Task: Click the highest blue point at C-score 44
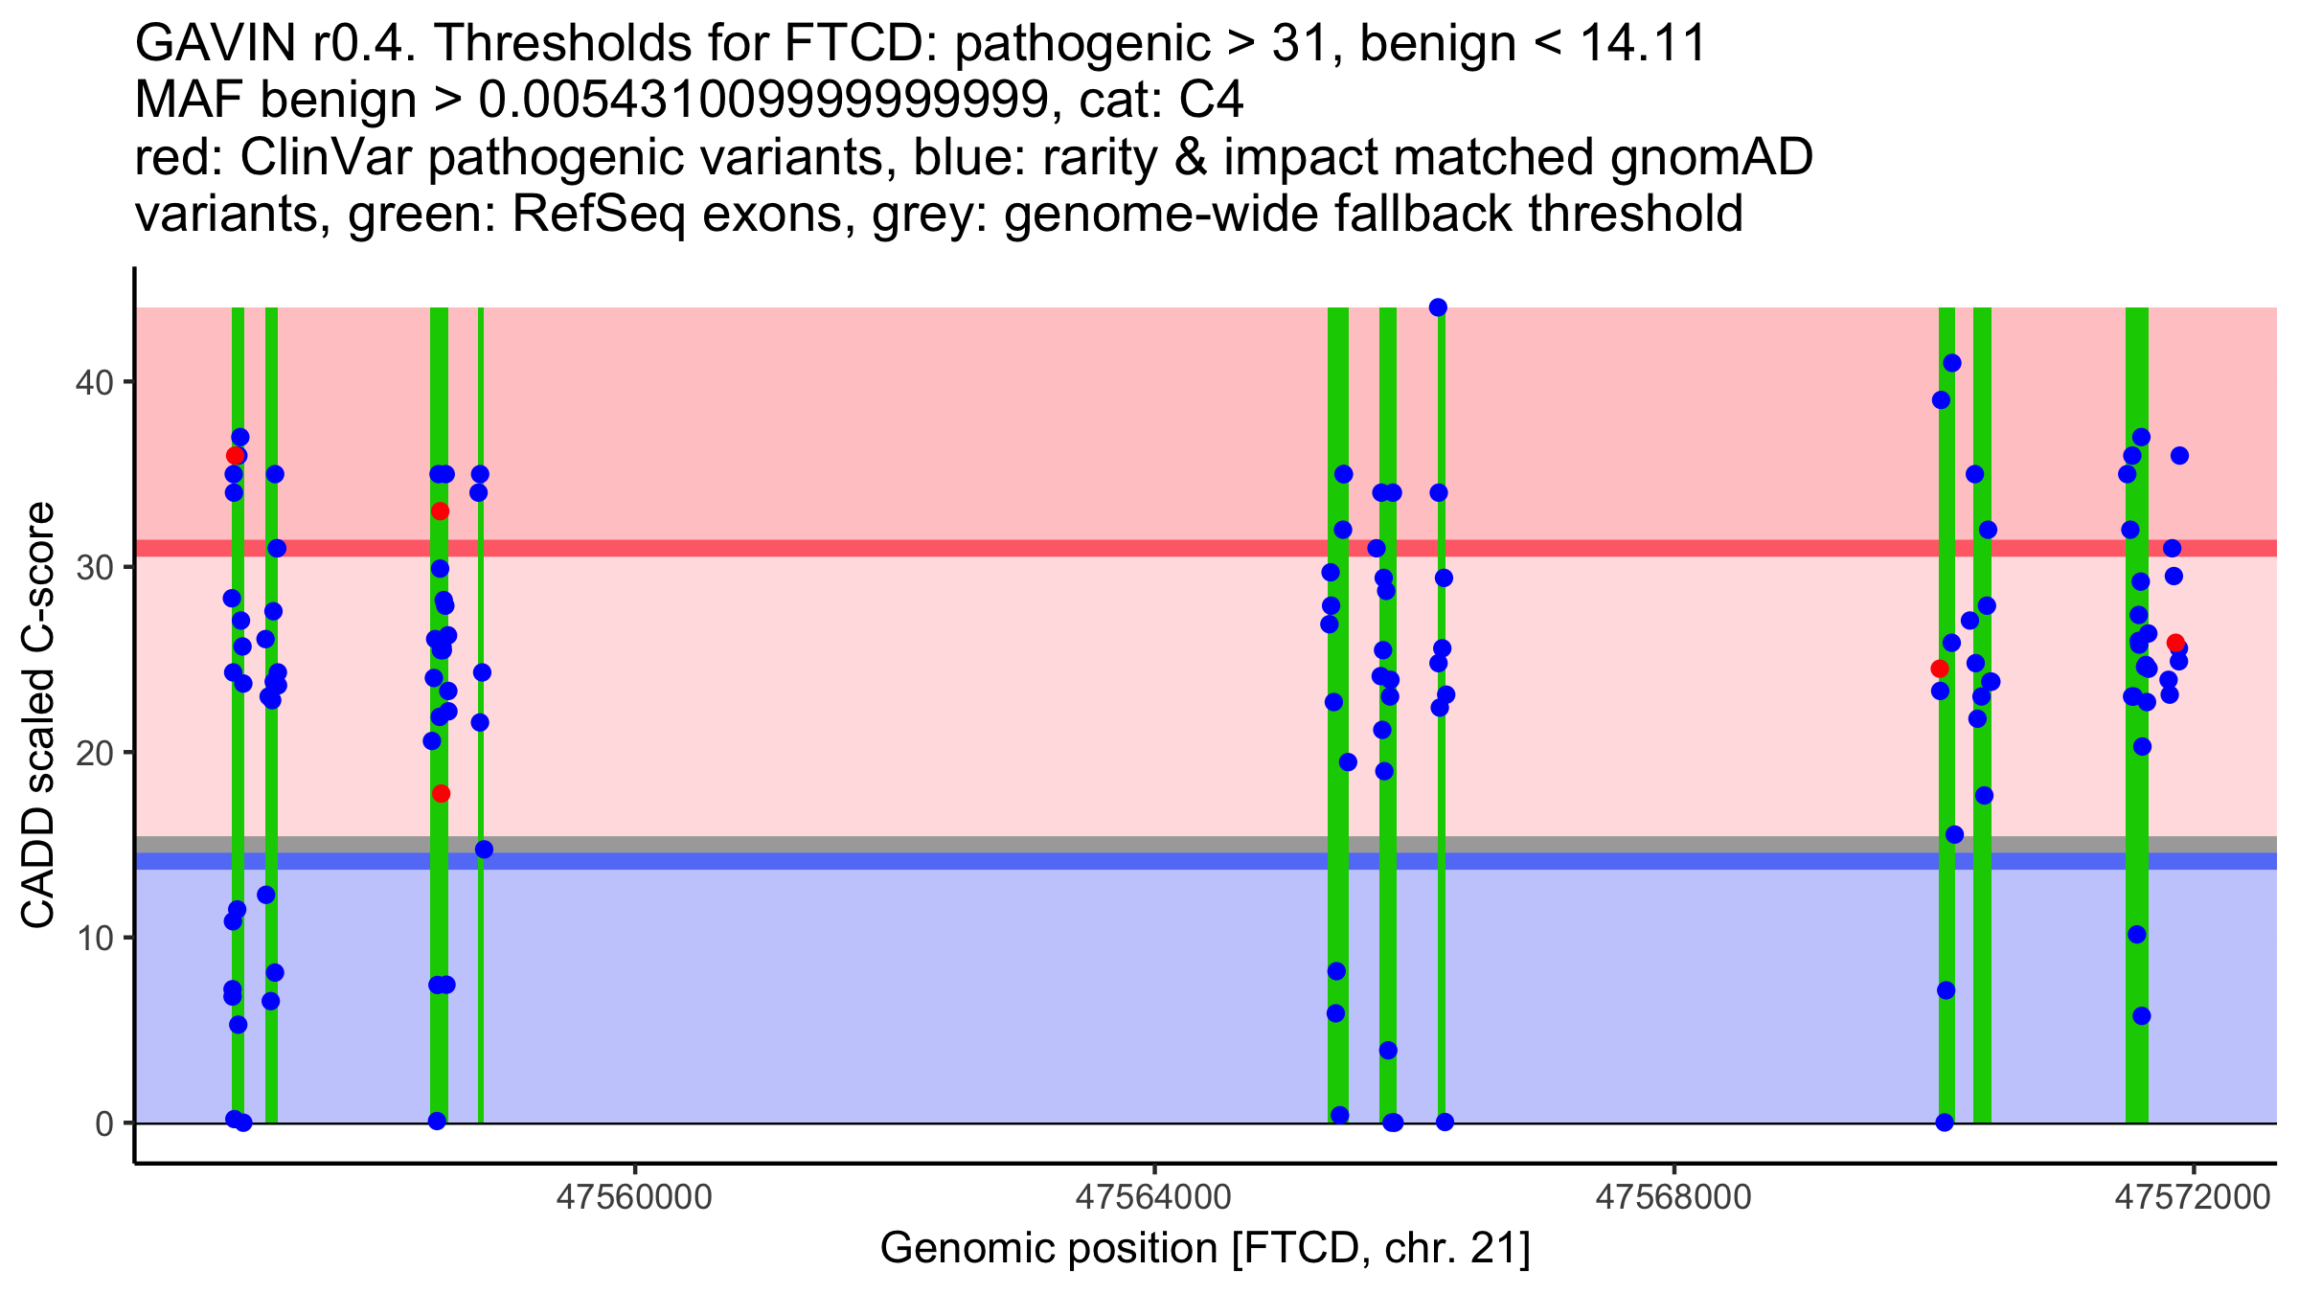coord(1438,307)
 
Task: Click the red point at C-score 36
coord(235,456)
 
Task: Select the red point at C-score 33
coord(440,511)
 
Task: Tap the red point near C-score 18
coord(441,794)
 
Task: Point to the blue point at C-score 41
coord(1952,363)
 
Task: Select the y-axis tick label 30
coord(94,568)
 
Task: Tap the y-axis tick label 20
coord(94,753)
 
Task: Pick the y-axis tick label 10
coord(94,938)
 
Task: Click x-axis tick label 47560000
coord(634,1198)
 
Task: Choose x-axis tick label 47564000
coord(1154,1198)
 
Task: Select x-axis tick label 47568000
coord(1673,1198)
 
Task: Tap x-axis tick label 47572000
coord(2193,1198)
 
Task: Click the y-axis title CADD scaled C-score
coord(38,715)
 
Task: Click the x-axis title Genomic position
coord(1205,1249)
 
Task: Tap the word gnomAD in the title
coord(1711,158)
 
